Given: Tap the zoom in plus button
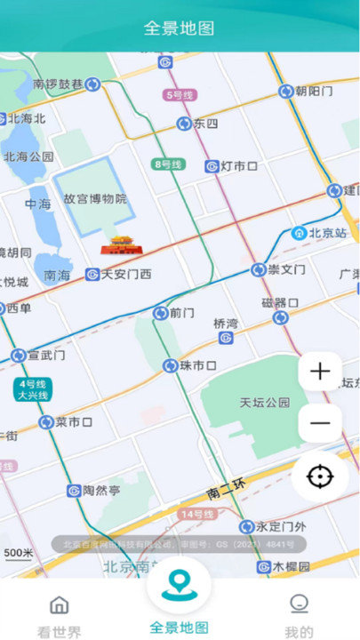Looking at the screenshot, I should coord(320,372).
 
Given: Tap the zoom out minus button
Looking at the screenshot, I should coord(320,423).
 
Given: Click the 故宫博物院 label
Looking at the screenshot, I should coord(95,199).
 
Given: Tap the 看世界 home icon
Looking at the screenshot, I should coord(60,605).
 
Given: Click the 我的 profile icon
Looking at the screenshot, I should coord(300,604).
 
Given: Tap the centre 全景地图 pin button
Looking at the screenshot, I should coord(180,583).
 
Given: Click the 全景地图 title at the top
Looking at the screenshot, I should coord(180,28).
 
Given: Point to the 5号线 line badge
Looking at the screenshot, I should coord(178,94).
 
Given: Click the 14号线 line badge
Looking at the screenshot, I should coord(196,515).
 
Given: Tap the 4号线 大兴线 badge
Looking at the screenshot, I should coord(31,388).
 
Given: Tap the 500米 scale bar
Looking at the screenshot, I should coord(18,554).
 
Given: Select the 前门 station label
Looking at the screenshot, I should coord(181,313).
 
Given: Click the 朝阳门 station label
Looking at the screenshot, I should coord(314,91).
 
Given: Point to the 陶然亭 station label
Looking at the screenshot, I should coord(100,491).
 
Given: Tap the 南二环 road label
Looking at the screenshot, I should coord(225,492).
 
